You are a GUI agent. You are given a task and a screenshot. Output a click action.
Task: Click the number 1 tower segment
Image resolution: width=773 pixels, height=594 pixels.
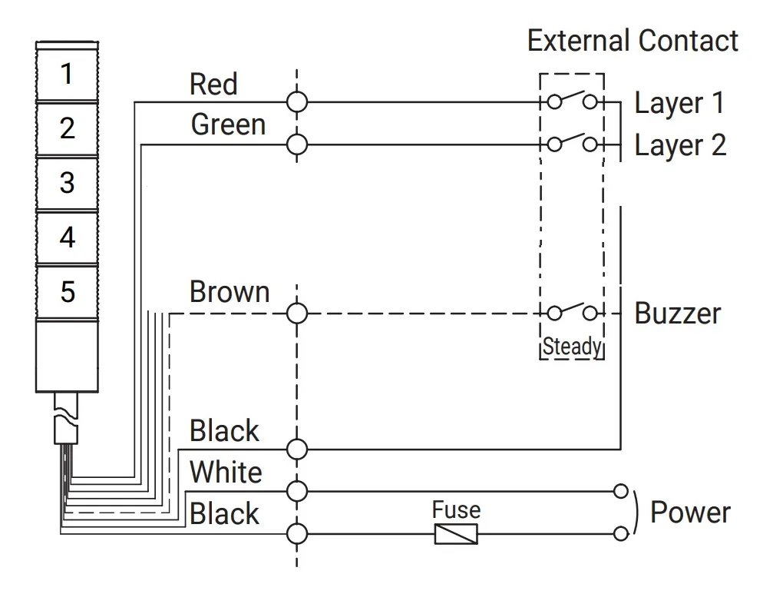point(67,74)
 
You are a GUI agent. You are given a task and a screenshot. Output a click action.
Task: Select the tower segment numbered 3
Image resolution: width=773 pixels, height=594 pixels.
point(67,183)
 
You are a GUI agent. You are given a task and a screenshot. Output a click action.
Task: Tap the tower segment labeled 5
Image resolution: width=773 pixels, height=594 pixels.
point(67,292)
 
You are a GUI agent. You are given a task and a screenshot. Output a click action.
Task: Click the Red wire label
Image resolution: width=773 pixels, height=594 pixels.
point(213,84)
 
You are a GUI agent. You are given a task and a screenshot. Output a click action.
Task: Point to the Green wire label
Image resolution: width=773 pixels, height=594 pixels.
point(228,124)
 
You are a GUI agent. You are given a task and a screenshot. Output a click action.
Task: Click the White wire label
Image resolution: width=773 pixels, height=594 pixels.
point(226,472)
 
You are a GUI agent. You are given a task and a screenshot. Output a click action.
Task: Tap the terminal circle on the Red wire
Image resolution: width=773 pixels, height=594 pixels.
point(297,103)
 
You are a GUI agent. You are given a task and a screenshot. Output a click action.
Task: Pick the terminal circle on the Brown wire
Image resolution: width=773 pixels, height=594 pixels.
point(297,314)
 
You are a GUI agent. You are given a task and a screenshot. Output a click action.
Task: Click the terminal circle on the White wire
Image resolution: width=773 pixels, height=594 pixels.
point(297,491)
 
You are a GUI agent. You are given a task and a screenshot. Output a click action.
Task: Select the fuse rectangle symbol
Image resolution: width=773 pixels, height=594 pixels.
point(456,534)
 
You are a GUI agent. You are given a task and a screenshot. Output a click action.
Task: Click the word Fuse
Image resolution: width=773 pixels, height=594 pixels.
point(457,509)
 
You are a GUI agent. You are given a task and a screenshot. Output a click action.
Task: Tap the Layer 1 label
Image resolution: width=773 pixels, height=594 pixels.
point(679,104)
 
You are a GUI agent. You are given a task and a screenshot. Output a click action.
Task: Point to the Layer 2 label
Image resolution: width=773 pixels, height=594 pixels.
point(680,145)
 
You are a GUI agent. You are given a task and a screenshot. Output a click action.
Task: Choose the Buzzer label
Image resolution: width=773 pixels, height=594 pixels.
point(678,314)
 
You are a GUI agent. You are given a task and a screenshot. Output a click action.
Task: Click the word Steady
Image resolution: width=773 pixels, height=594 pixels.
point(573,347)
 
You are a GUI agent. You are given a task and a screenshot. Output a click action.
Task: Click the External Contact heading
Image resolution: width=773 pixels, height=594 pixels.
point(633,41)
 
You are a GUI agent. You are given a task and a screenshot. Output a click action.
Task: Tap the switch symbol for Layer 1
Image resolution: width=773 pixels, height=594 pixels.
point(573,100)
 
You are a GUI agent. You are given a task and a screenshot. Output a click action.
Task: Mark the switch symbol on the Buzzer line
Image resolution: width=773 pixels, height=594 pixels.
point(573,310)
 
